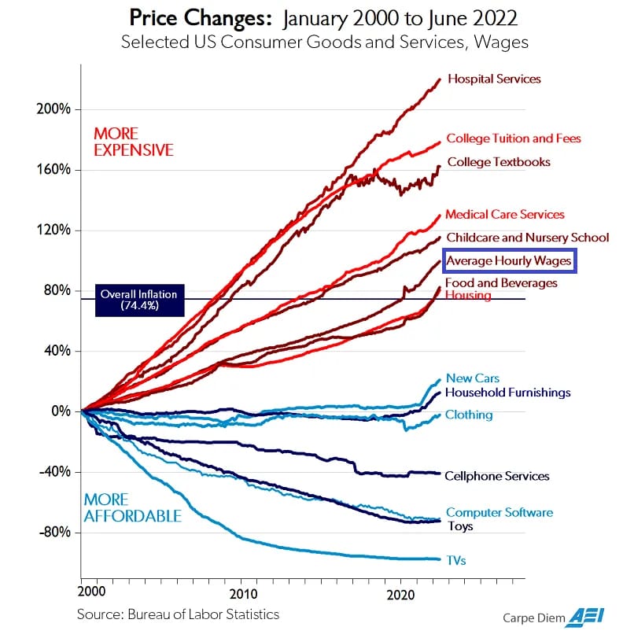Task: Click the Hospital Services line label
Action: coord(494,79)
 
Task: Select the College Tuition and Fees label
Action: coord(514,138)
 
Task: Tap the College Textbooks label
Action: coord(499,162)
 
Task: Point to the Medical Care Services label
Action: coord(505,214)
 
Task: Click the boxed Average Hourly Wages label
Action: coord(510,260)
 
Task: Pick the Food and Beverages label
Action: coord(501,282)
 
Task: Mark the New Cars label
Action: coord(472,378)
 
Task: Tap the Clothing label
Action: coord(469,415)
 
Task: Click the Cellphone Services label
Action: coord(496,476)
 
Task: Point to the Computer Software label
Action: coord(500,513)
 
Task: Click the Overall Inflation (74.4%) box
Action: coord(138,300)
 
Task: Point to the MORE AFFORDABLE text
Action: coord(132,507)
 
